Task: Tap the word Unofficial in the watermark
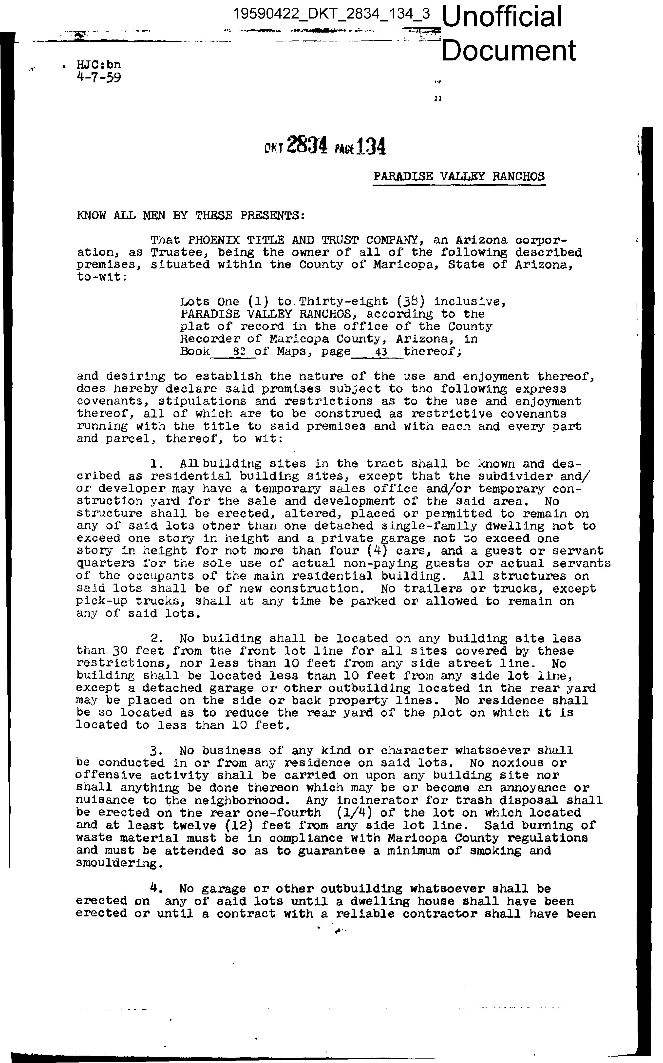pos(503,17)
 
